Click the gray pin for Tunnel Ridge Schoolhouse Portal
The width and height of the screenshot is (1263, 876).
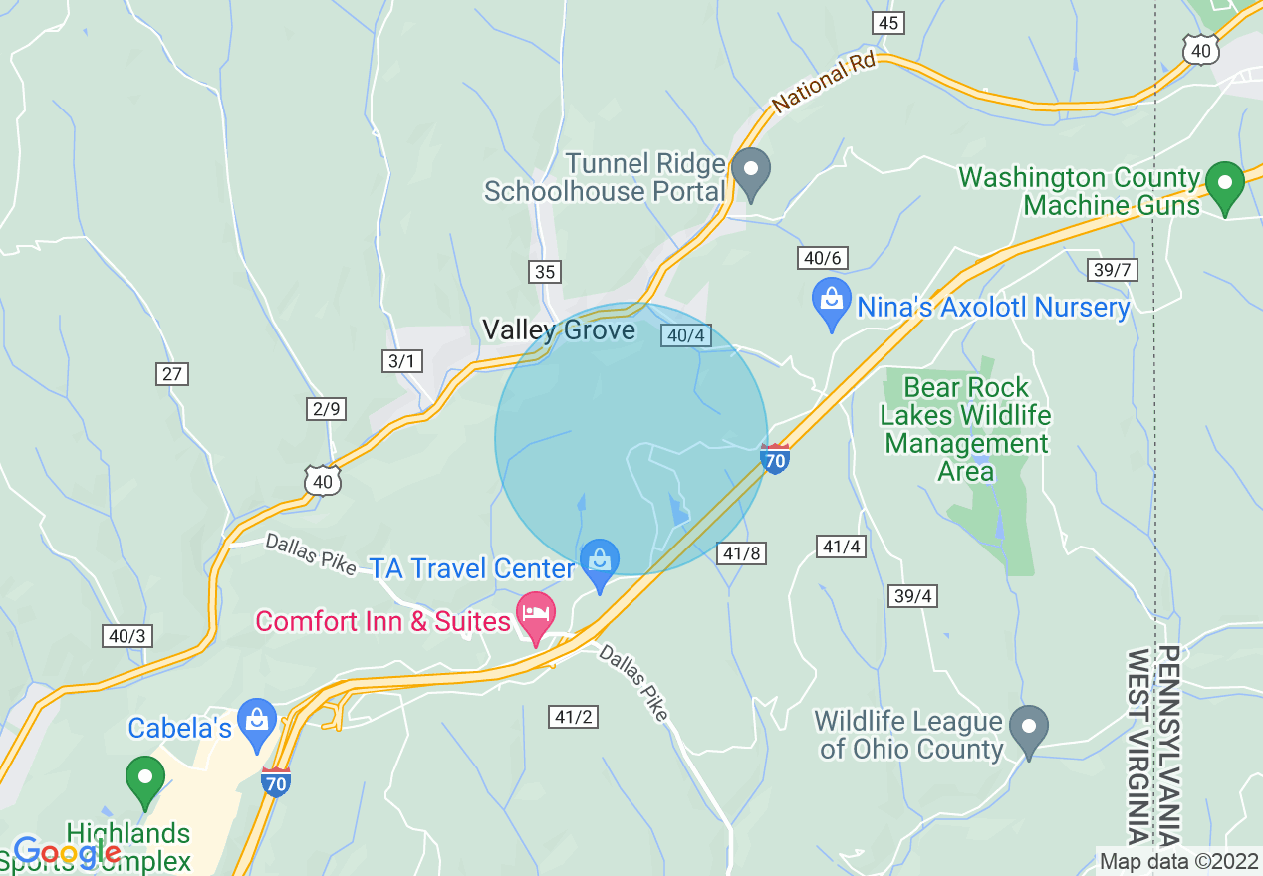(x=751, y=172)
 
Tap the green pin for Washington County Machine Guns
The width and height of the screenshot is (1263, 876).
(x=1224, y=184)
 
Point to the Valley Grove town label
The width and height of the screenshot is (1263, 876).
(x=558, y=330)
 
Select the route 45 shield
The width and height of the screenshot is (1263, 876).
(x=887, y=23)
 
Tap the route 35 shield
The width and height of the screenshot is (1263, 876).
(x=545, y=272)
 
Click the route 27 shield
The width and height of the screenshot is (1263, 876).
(x=172, y=374)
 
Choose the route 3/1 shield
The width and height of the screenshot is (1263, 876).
(x=401, y=361)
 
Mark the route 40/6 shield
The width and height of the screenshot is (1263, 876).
(x=822, y=259)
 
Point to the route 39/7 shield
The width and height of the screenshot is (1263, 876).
(x=1112, y=270)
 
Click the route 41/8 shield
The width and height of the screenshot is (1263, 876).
(x=741, y=553)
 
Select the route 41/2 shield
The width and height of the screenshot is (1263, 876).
(x=574, y=716)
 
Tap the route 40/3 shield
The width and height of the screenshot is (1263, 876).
(x=127, y=636)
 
